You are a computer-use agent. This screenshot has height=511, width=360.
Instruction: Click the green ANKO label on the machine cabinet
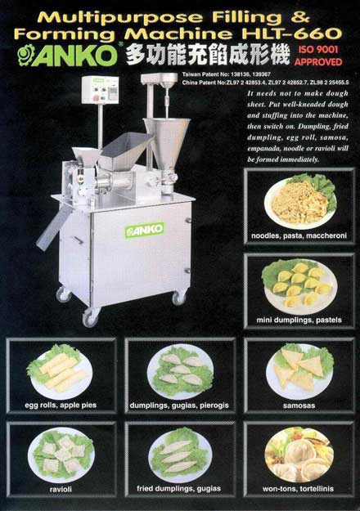(x=144, y=231)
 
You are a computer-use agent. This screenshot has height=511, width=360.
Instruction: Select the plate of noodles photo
(x=299, y=200)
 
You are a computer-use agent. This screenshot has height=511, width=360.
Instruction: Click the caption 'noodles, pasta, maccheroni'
(x=299, y=237)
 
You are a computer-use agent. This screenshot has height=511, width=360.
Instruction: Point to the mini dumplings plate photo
(x=299, y=282)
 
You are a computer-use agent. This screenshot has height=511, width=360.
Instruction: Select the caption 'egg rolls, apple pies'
(x=60, y=404)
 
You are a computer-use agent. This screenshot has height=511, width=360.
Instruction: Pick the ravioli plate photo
(x=60, y=451)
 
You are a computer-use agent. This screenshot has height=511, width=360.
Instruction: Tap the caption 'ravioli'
(x=60, y=488)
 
